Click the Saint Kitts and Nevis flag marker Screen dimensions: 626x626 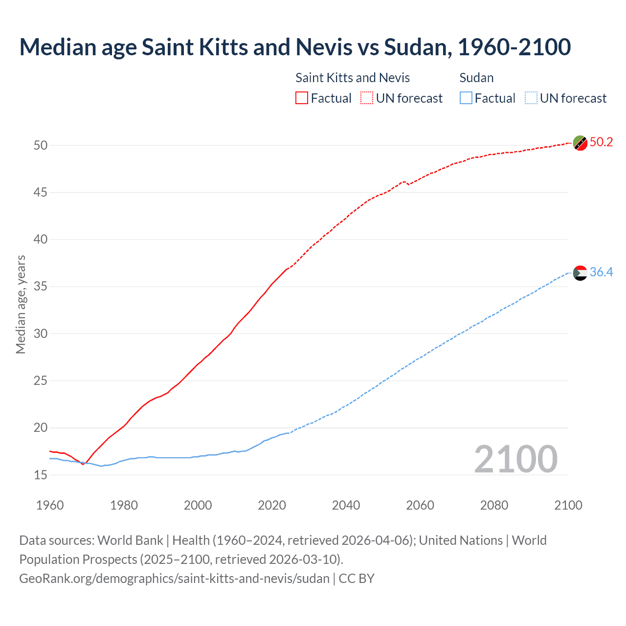(x=580, y=143)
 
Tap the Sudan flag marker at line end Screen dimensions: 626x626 (x=580, y=273)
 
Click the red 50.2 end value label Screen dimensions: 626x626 (x=601, y=142)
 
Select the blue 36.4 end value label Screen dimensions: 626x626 (x=601, y=272)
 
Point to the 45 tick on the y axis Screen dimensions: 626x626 (x=41, y=193)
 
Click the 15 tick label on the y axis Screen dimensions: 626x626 (x=41, y=475)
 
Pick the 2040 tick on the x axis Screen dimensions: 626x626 (x=346, y=505)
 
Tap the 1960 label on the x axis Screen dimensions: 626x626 (x=50, y=505)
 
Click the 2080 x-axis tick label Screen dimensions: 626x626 (x=494, y=505)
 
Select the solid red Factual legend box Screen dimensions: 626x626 (x=302, y=98)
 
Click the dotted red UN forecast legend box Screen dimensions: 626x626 (x=367, y=98)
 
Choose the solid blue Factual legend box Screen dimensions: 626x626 (x=466, y=98)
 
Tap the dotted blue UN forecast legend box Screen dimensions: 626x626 (x=531, y=98)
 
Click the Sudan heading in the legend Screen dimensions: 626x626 (x=476, y=78)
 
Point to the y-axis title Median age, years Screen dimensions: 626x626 (x=21, y=304)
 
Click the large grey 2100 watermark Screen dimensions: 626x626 (x=515, y=459)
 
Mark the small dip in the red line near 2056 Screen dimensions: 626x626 (x=408, y=184)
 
